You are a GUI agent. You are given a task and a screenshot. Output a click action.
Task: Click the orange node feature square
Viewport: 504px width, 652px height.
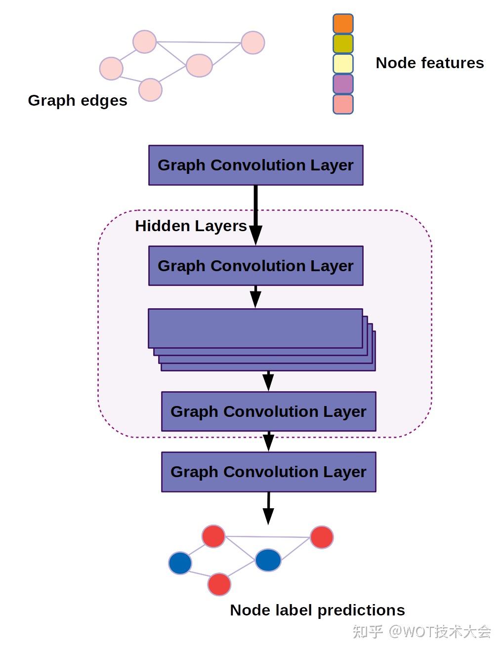343,24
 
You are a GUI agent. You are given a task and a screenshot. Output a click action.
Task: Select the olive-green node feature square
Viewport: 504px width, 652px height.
343,44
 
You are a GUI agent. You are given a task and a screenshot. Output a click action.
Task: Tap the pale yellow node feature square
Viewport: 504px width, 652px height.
343,64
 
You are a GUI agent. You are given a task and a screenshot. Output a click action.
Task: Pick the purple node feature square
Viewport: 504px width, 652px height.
343,84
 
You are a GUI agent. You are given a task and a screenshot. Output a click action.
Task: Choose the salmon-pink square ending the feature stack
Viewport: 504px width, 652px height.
343,104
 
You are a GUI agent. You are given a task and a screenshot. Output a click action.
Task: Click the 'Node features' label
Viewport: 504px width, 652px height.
429,63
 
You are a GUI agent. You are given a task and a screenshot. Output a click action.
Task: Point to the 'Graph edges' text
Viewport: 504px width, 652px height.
78,100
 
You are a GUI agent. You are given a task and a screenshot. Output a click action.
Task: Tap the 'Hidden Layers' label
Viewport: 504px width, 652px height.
191,226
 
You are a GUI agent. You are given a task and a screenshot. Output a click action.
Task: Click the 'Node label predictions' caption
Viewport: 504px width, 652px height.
317,610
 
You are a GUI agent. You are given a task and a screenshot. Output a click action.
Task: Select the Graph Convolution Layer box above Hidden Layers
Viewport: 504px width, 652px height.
255,165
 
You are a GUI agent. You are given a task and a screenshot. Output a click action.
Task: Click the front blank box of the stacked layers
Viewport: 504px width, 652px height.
255,328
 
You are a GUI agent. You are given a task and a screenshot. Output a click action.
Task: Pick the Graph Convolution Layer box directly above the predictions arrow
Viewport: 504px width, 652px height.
268,472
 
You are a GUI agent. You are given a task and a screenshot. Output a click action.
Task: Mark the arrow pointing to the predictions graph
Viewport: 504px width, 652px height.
268,508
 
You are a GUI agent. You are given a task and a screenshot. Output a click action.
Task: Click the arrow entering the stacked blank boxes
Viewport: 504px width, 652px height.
255,297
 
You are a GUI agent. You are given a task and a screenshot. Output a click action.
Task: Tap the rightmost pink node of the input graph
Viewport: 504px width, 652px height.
252,42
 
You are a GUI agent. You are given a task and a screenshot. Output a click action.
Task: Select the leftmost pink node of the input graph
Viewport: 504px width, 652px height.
111,69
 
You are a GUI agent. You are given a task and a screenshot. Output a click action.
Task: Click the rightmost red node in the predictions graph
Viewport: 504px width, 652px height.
322,537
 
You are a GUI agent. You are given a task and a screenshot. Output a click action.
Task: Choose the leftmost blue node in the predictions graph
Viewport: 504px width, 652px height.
180,563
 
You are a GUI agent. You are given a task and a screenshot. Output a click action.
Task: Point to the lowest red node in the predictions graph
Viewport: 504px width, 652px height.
219,584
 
